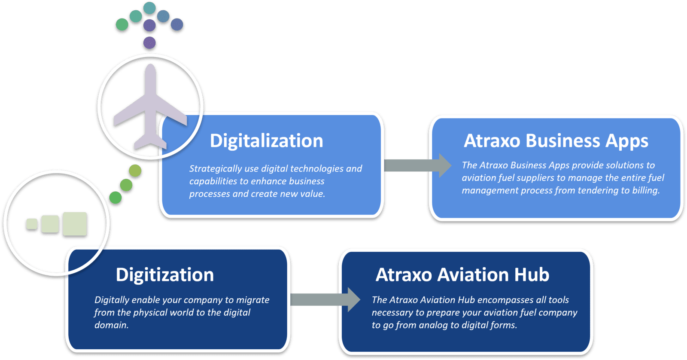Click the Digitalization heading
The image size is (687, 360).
click(x=266, y=141)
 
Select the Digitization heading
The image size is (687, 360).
click(x=165, y=275)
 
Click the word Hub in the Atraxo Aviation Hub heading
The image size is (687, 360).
click(x=532, y=275)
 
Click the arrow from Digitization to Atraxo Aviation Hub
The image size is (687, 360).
click(x=325, y=299)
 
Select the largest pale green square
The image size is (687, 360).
click(x=75, y=224)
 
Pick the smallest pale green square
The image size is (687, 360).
click(x=32, y=224)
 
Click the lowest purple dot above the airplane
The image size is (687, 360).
click(x=149, y=43)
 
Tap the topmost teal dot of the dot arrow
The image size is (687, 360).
click(x=149, y=8)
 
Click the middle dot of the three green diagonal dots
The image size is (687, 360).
click(x=126, y=185)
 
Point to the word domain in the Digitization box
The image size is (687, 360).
click(x=111, y=325)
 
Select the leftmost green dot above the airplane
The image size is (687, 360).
click(x=122, y=24)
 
